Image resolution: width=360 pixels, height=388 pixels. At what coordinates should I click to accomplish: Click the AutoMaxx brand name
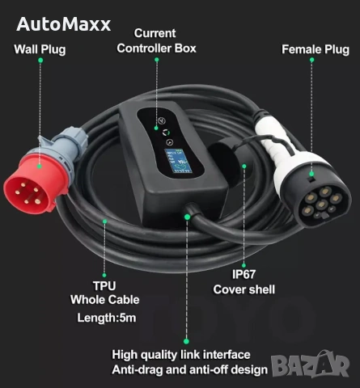click(64, 24)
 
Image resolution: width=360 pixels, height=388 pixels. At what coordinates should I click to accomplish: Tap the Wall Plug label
click(40, 49)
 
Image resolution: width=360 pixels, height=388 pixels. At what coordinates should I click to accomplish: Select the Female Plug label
click(316, 49)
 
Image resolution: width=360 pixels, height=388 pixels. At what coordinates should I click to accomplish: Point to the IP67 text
click(244, 274)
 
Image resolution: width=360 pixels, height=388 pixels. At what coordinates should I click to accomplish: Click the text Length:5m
click(107, 318)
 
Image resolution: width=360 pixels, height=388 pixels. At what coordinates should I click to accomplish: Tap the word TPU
click(104, 286)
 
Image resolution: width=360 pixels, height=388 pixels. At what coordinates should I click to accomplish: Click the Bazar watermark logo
click(310, 364)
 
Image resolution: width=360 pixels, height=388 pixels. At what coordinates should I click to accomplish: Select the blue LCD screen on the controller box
click(178, 161)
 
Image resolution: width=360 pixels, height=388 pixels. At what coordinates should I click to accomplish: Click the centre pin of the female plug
click(321, 205)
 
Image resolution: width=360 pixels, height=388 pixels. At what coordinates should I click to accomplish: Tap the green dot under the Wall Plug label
click(40, 60)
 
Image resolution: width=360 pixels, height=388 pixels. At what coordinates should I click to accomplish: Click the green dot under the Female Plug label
click(311, 60)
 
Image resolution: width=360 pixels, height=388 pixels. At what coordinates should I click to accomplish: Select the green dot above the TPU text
click(104, 275)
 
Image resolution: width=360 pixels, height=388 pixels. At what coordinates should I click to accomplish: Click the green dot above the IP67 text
click(244, 265)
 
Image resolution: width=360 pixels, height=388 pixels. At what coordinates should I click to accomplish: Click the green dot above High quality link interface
click(186, 341)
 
